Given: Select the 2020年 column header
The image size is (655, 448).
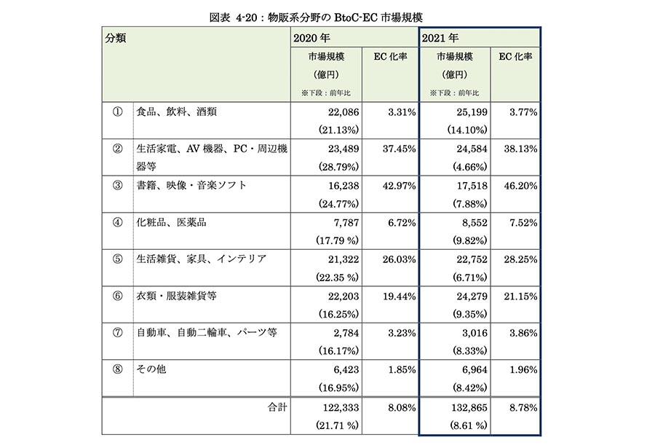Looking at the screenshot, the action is (x=311, y=38).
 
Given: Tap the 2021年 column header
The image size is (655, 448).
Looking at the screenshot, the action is (x=440, y=38).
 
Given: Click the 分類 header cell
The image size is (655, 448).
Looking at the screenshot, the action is (x=115, y=38).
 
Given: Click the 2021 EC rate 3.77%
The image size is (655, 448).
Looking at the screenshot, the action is (x=523, y=112).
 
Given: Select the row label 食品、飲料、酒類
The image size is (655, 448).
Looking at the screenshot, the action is (x=176, y=111).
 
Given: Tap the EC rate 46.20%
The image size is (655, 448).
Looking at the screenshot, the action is (x=520, y=186).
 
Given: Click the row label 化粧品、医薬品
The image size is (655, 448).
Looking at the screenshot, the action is (x=171, y=222).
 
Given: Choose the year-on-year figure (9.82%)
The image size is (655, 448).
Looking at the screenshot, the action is (x=470, y=240).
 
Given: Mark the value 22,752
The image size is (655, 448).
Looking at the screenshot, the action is (x=472, y=259).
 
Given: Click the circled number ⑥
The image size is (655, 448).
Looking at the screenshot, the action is (x=117, y=296).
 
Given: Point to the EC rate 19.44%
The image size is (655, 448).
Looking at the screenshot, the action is (x=399, y=296).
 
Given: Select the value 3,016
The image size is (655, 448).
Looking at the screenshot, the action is (x=475, y=333).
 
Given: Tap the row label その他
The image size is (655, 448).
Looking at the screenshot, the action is (x=151, y=369).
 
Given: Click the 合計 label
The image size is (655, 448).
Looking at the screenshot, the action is (x=277, y=407).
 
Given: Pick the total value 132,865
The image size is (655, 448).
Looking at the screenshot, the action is (x=469, y=408).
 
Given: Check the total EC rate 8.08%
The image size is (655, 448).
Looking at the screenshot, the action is (x=402, y=408).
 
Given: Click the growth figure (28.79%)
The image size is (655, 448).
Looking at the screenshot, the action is (x=338, y=167).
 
